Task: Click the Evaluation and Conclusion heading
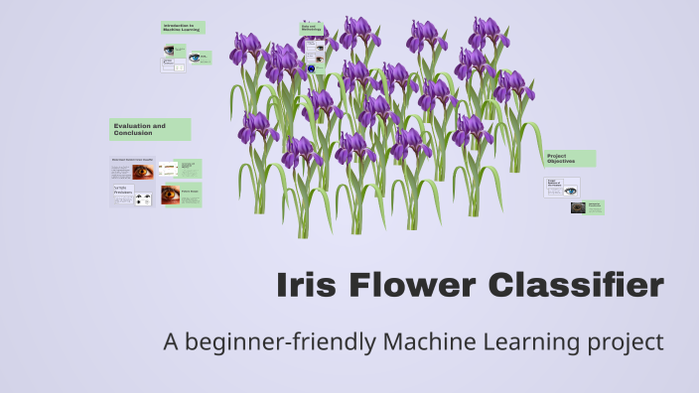[149, 129]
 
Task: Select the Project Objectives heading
[569, 159]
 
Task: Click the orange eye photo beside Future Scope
[168, 195]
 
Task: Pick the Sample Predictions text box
[121, 193]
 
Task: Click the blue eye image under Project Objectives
[570, 187]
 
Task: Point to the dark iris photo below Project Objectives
[578, 207]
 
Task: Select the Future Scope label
[190, 192]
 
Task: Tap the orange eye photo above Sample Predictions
[143, 171]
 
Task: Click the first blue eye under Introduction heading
[170, 50]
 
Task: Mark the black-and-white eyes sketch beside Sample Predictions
[143, 198]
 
